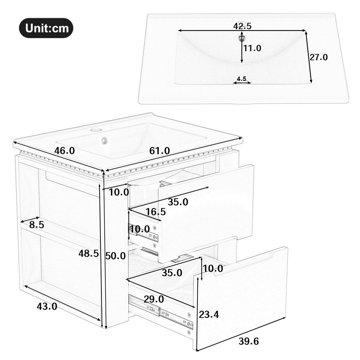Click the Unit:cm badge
(46, 28)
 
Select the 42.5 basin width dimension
(242, 26)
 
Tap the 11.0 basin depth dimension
(252, 48)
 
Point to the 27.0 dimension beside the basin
(319, 57)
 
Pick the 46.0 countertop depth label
(64, 151)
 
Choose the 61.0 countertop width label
(160, 151)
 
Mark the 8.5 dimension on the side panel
(37, 224)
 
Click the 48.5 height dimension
(88, 254)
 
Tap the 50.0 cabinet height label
(115, 256)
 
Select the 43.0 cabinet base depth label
(47, 306)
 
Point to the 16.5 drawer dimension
(156, 212)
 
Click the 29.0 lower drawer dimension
(154, 299)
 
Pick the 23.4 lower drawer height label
(209, 314)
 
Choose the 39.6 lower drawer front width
(249, 341)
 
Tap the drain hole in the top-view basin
(242, 38)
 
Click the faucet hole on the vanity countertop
(97, 130)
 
